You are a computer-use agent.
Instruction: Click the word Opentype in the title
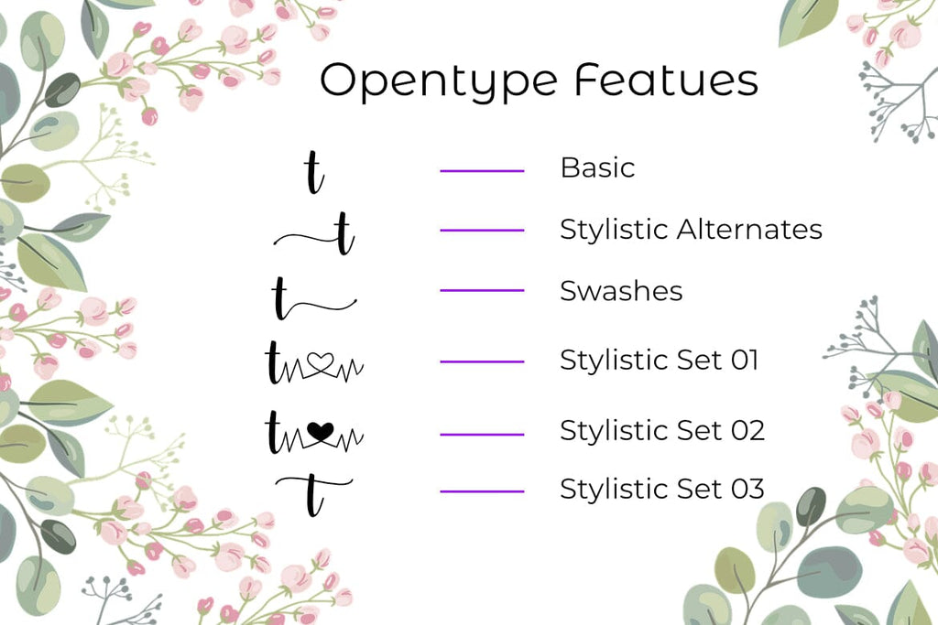(x=439, y=81)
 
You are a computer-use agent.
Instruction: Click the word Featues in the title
(x=667, y=80)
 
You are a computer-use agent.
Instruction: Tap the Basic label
(x=597, y=167)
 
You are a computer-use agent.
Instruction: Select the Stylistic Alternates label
(x=691, y=230)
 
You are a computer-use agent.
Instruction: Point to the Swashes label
(x=621, y=291)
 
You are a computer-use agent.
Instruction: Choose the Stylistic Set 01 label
(x=660, y=360)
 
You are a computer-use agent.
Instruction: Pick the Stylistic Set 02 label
(x=662, y=430)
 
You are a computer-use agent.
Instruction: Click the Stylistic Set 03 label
(x=662, y=489)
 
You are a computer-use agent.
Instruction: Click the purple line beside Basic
(x=482, y=171)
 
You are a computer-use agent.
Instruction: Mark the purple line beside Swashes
(x=482, y=290)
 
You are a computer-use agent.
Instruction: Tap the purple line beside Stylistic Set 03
(x=482, y=491)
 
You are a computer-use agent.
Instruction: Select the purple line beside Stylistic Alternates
(x=482, y=230)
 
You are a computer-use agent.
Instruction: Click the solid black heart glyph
(x=320, y=431)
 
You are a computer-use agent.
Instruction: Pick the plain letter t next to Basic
(x=314, y=173)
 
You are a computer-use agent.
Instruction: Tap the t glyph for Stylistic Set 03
(x=313, y=495)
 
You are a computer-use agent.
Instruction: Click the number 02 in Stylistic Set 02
(x=747, y=430)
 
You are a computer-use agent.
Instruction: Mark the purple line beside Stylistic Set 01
(x=482, y=361)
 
